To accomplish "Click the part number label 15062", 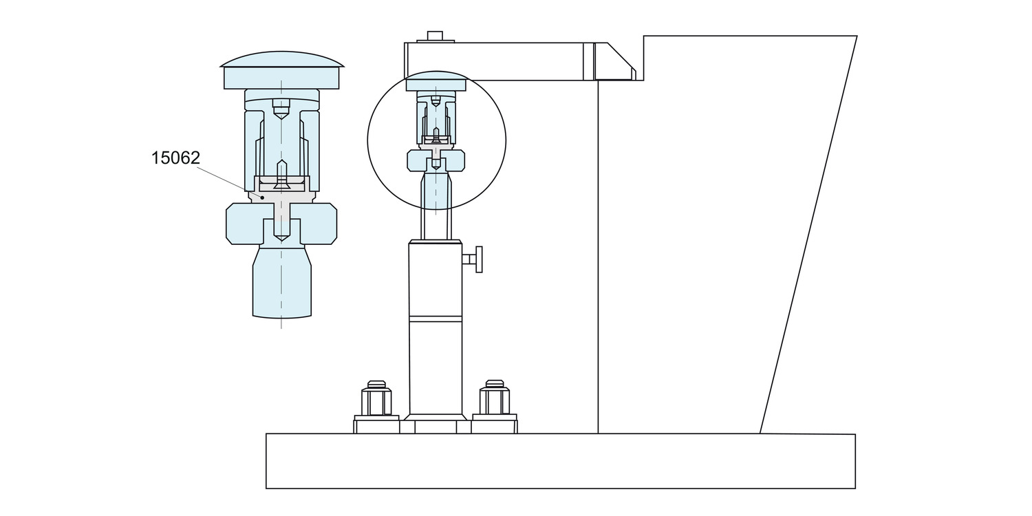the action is pos(175,158).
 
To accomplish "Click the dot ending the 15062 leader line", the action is pos(262,197).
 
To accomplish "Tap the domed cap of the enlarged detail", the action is pos(282,70).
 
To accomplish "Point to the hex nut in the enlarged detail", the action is pos(281,224).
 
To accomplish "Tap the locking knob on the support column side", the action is pos(475,259).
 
